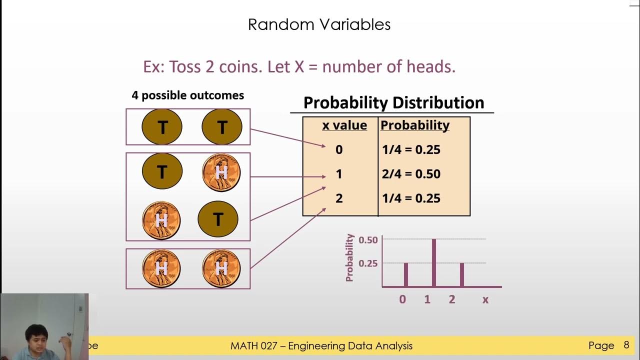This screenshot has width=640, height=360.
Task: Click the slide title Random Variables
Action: tap(319, 24)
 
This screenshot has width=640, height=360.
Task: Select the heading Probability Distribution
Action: tap(393, 102)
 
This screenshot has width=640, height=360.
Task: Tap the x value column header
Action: tap(344, 125)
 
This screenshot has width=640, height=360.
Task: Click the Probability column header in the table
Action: tap(415, 125)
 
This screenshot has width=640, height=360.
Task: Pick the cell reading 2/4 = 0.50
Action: tap(410, 174)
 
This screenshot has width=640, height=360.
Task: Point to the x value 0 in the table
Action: tap(339, 149)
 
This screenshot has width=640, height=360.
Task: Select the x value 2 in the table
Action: tap(339, 198)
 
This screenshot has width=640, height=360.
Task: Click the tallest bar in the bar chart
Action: tap(434, 262)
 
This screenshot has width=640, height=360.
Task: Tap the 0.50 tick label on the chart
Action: tap(368, 240)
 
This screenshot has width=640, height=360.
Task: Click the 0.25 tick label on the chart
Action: tap(368, 263)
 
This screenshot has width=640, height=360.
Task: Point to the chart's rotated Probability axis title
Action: tap(350, 257)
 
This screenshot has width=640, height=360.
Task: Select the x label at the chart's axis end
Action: tap(485, 300)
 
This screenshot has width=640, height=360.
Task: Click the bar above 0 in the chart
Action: tap(405, 274)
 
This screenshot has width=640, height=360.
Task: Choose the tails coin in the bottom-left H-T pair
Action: tap(218, 219)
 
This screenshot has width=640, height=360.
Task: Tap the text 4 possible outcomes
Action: tap(187, 95)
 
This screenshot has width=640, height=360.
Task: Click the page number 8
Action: tap(626, 345)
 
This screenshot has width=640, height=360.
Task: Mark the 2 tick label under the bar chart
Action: tap(452, 300)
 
